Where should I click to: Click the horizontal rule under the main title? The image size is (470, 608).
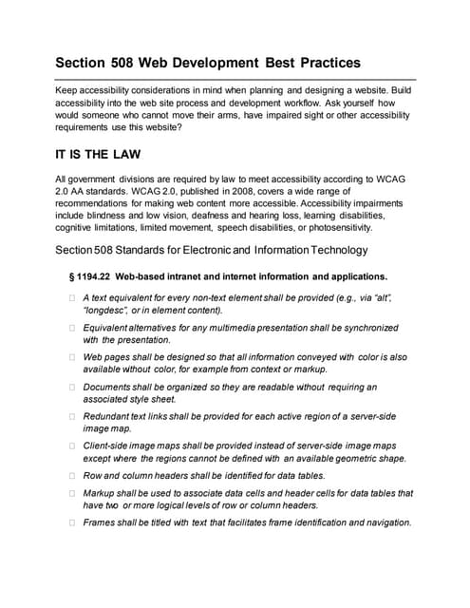point(235,79)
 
